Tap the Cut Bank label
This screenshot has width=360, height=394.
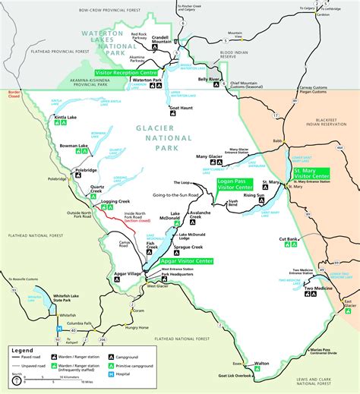pos(288,239)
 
